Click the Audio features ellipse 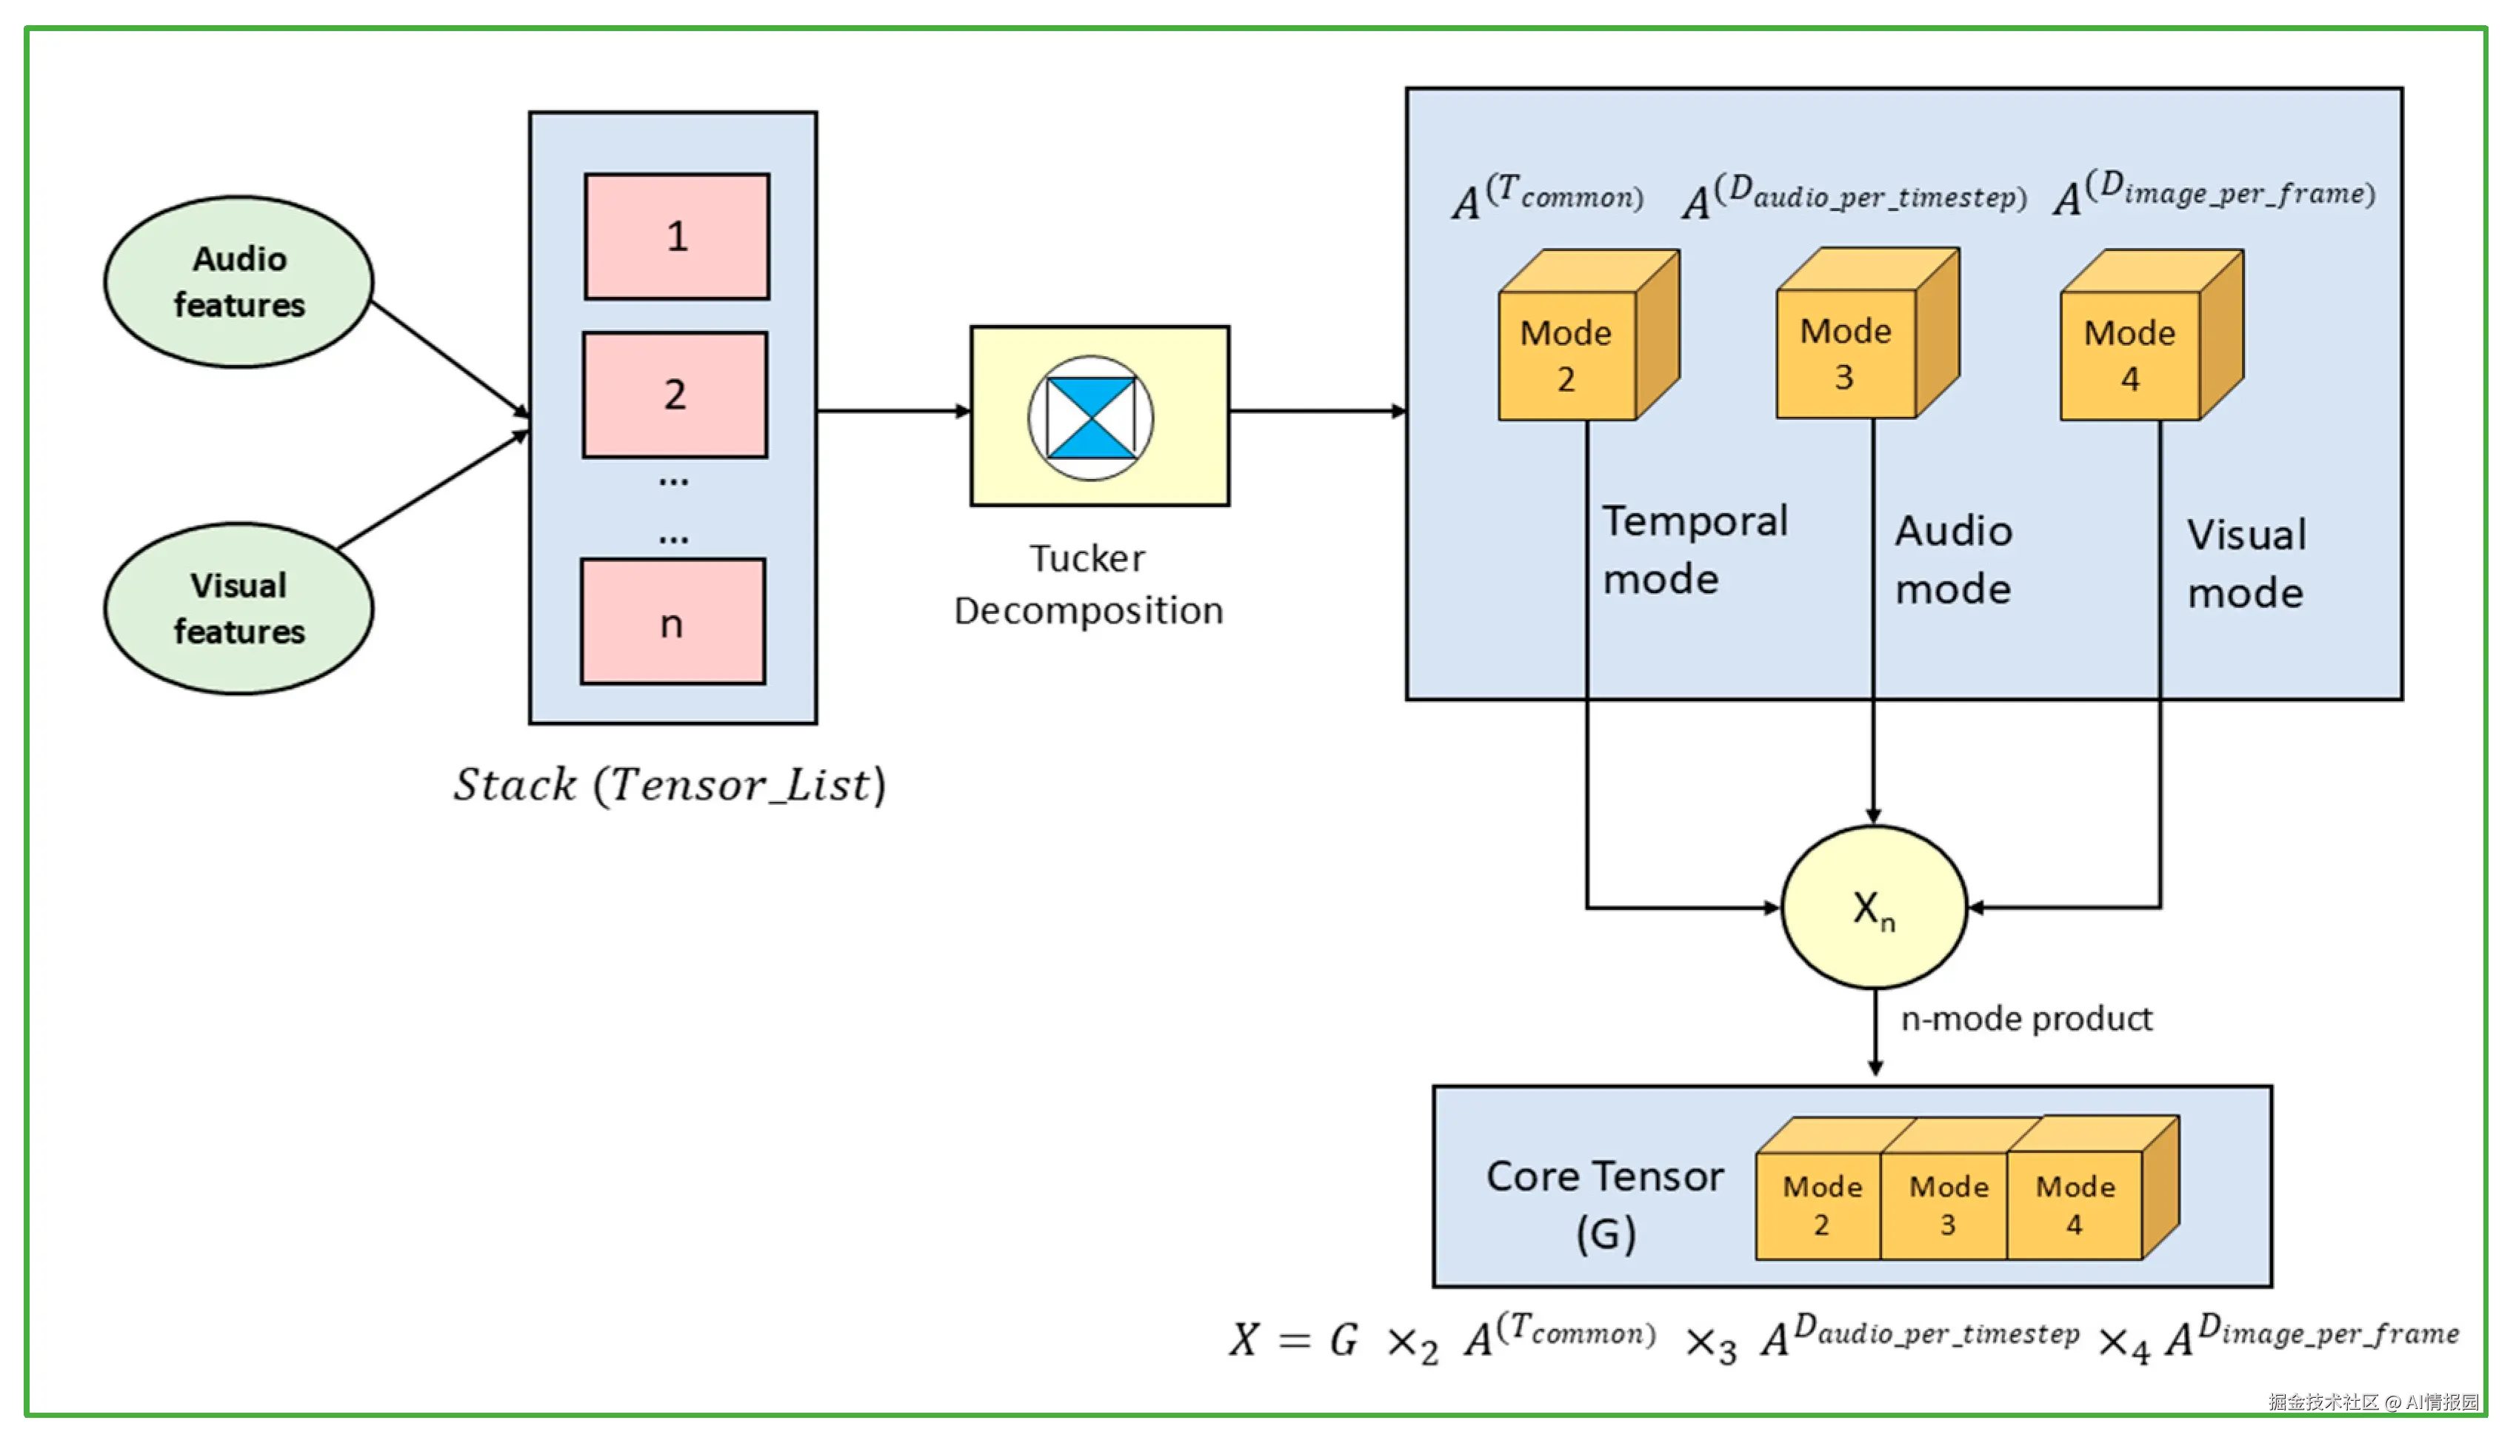point(238,282)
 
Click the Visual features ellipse point(238,608)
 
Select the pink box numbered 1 point(676,236)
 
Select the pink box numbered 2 point(675,395)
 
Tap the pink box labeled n point(673,622)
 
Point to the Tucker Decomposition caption point(1089,584)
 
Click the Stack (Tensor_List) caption point(670,785)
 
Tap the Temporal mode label point(1695,549)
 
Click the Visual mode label point(2246,563)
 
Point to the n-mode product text point(2026,1019)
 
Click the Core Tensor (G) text point(1604,1204)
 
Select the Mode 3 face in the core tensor point(1947,1205)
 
